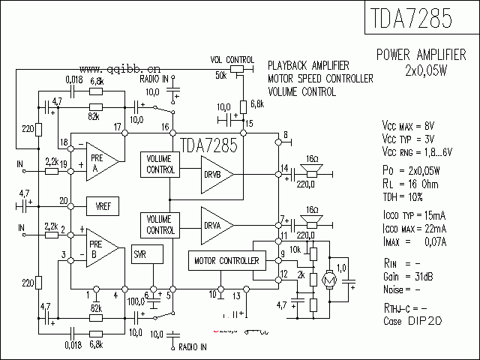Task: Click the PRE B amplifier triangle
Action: point(100,248)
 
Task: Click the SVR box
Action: point(140,255)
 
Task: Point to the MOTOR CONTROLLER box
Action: point(226,261)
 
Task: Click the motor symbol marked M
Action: point(327,279)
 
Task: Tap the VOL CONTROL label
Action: point(232,59)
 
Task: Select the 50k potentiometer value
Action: point(220,76)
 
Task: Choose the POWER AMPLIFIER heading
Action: point(421,55)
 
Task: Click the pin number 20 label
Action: point(64,200)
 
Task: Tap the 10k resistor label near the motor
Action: point(295,249)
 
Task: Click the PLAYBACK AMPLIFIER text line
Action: point(308,65)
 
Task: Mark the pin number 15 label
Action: point(249,123)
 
